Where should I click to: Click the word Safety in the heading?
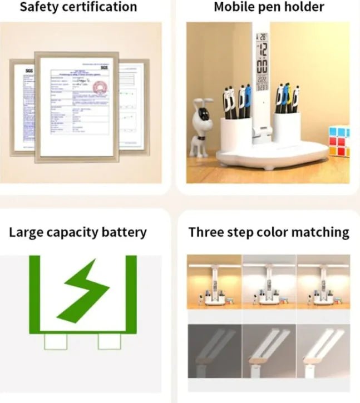pos(40,7)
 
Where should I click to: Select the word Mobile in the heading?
pos(234,7)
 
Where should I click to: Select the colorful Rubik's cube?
pos(338,142)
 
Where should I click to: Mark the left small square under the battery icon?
pos(56,341)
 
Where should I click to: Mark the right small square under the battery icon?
pos(109,341)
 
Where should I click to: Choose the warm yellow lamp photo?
pos(214,282)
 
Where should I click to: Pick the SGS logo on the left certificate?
pos(29,71)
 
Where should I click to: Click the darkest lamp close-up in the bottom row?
pos(214,351)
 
